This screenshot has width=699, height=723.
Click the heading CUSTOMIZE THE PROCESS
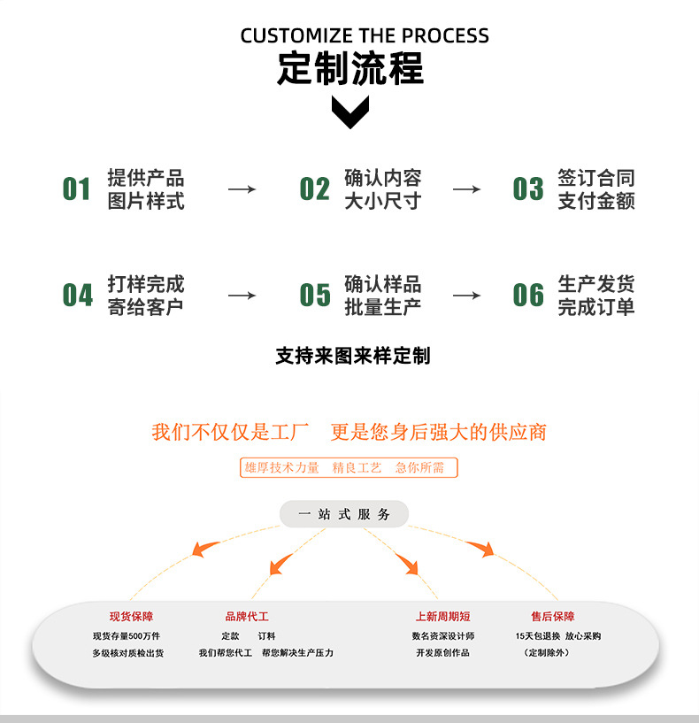click(x=365, y=35)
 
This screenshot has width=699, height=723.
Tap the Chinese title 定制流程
click(x=350, y=68)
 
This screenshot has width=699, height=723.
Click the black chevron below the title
click(x=349, y=112)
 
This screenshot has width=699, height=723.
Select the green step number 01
click(x=77, y=189)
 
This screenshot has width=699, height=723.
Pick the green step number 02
click(x=314, y=189)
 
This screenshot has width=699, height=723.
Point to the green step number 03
click(x=528, y=189)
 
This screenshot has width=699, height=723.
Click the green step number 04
click(x=77, y=296)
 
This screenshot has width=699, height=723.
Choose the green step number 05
click(x=314, y=296)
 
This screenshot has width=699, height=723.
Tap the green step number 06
click(x=528, y=296)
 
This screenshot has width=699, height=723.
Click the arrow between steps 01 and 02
click(x=241, y=189)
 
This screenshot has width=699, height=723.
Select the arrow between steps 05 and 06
click(x=466, y=296)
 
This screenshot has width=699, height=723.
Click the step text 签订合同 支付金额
click(x=596, y=189)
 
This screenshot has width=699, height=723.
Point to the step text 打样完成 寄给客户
click(x=146, y=296)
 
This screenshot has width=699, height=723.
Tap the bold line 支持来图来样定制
click(x=352, y=356)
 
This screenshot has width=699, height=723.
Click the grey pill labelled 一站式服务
click(x=344, y=514)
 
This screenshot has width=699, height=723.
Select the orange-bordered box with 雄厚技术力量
click(x=349, y=467)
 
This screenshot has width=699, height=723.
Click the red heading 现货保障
click(x=131, y=617)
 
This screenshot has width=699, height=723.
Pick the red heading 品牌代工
click(x=247, y=617)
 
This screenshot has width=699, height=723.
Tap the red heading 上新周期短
click(x=442, y=617)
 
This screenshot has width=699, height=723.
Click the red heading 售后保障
click(x=552, y=617)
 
